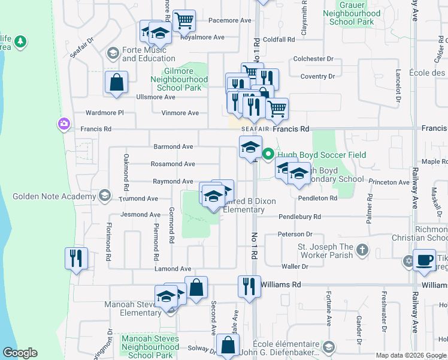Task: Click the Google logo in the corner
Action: pyautogui.click(x=20, y=353)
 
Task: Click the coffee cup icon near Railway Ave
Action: pyautogui.click(x=425, y=260)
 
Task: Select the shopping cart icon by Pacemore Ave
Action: pyautogui.click(x=184, y=20)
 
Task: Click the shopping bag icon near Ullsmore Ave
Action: pyautogui.click(x=116, y=82)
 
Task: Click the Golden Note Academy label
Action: pyautogui.click(x=56, y=196)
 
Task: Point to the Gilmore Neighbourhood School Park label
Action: pyautogui.click(x=179, y=79)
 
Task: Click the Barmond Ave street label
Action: pyautogui.click(x=174, y=146)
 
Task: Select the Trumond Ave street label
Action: pyautogui.click(x=138, y=198)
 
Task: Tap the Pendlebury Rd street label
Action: pyautogui.click(x=299, y=217)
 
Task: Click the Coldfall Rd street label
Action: pyautogui.click(x=279, y=40)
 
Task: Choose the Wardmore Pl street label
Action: pyautogui.click(x=104, y=112)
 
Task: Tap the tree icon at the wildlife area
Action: pyautogui.click(x=21, y=41)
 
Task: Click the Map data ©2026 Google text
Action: pyautogui.click(x=410, y=355)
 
